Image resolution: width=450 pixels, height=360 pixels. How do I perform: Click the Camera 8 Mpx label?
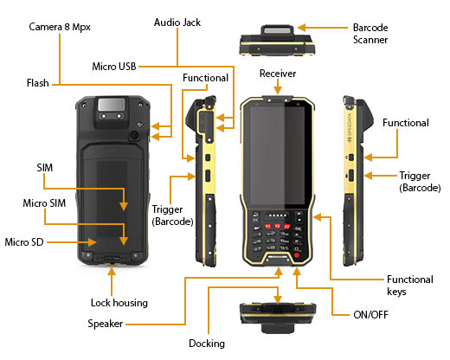[x=60, y=27]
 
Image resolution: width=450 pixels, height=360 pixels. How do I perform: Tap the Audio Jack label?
[x=177, y=22]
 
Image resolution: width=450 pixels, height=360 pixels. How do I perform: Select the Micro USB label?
[x=114, y=67]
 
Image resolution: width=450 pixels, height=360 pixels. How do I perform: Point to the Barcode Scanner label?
[x=370, y=34]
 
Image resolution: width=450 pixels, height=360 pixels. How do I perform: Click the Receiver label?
[x=278, y=74]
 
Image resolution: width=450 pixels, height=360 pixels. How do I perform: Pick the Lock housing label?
[x=119, y=303]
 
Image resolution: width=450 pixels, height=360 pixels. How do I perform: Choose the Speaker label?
[x=106, y=324]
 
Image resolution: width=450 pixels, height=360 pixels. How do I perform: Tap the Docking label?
[x=207, y=344]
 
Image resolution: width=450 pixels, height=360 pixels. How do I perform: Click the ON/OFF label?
[x=370, y=314]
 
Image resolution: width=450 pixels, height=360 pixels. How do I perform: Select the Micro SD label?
[x=24, y=242]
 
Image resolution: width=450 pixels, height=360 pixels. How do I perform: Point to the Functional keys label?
[x=410, y=286]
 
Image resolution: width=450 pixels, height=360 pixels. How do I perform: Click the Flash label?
[x=38, y=83]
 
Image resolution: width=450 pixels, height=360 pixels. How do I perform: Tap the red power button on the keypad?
[x=297, y=255]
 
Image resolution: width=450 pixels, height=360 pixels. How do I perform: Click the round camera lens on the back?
[x=134, y=135]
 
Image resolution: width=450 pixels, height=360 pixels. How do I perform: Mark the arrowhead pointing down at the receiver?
[x=278, y=90]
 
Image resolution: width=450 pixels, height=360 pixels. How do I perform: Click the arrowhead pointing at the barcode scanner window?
[x=302, y=28]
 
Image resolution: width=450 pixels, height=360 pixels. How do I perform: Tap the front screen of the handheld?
[x=278, y=156]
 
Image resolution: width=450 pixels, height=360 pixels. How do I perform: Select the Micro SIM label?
[x=44, y=203]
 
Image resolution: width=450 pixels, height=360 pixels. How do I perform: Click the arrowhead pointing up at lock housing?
[x=112, y=272]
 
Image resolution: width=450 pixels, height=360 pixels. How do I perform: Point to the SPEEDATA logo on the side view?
[x=350, y=127]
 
